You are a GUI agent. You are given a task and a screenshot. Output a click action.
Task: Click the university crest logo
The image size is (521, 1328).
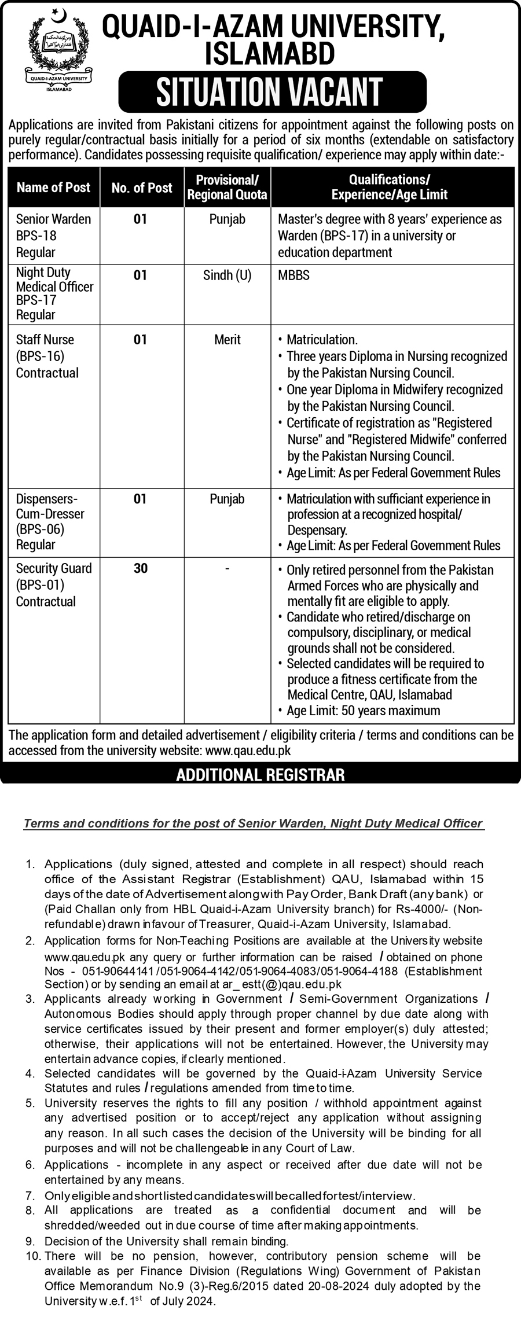56,49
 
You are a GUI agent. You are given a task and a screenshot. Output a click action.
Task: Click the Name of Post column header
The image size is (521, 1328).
53,187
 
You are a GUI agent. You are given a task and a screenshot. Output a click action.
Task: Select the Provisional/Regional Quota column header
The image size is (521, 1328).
228,187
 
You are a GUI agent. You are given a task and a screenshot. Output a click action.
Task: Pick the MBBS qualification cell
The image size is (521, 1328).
294,275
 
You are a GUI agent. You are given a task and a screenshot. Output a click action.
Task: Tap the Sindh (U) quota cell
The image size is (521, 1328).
228,275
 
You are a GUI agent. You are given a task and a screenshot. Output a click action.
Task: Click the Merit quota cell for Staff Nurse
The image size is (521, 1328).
228,340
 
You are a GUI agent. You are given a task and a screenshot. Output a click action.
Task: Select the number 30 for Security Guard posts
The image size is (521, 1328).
141,569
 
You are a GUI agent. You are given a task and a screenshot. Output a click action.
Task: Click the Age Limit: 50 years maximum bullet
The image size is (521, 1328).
363,711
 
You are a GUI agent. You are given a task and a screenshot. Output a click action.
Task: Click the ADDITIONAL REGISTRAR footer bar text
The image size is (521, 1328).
260,774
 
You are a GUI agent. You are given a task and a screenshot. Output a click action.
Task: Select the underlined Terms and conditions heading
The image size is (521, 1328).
253,823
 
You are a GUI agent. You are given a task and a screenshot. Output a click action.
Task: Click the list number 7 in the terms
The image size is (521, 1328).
31,1195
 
